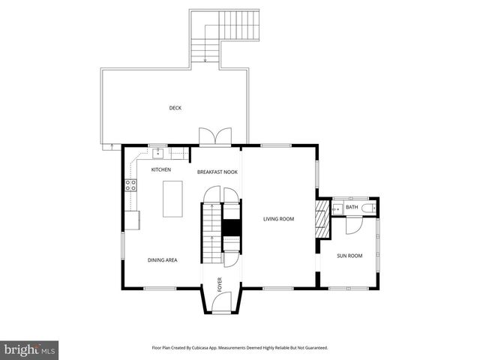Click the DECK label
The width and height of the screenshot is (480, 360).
click(x=175, y=108)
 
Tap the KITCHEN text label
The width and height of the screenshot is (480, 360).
click(x=161, y=169)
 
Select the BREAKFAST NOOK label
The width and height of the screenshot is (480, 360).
click(x=217, y=172)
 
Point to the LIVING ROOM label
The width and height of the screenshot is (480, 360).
click(x=278, y=219)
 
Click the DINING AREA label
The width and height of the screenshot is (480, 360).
click(x=162, y=259)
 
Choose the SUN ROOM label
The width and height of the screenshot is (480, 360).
click(x=349, y=256)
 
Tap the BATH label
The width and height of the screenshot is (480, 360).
click(x=352, y=207)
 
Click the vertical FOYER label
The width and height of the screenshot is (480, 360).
click(x=220, y=284)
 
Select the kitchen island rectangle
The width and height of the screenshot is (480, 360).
click(x=172, y=198)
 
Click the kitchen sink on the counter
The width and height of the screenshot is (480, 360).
click(x=159, y=153)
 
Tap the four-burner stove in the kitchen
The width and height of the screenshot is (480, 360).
click(x=130, y=186)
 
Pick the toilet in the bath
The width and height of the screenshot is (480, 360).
click(x=368, y=207)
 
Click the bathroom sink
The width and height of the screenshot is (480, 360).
click(x=337, y=207)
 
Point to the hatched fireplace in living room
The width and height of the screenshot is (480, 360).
click(x=322, y=218)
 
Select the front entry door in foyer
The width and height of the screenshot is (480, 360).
click(x=221, y=304)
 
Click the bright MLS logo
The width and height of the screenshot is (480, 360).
click(x=30, y=349)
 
